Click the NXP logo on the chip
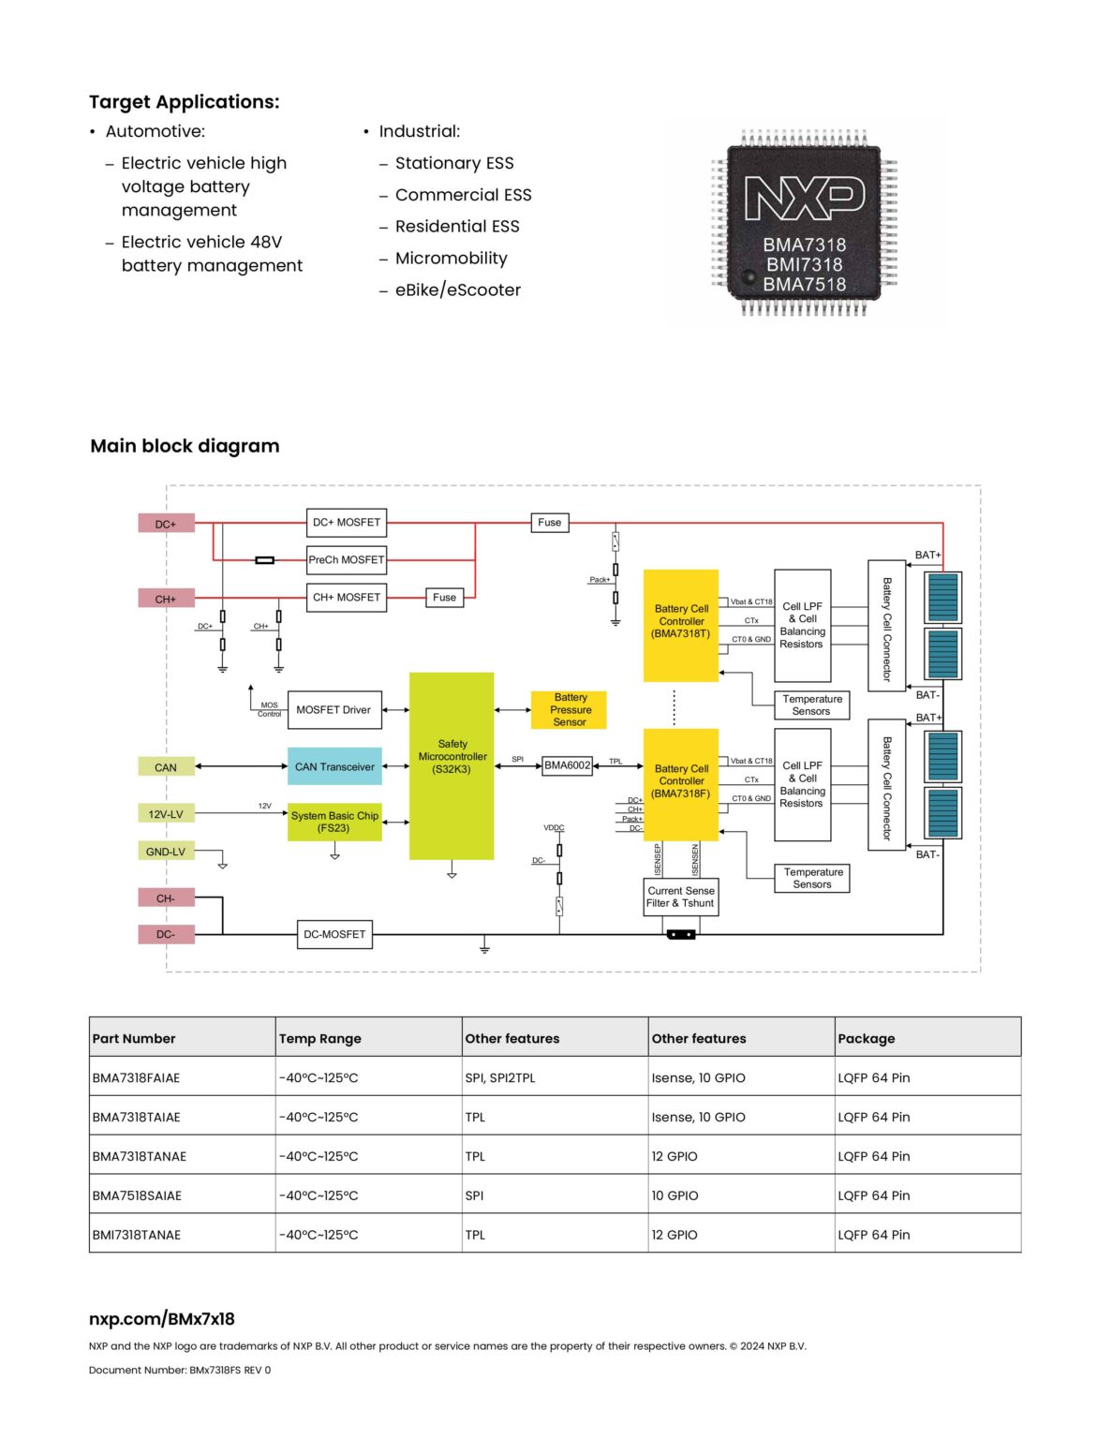pos(805,198)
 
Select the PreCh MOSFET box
pos(347,559)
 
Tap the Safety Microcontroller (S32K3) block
pos(452,766)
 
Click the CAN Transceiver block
pos(334,766)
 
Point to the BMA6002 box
pos(568,765)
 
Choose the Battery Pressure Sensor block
pos(569,710)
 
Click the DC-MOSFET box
pos(334,934)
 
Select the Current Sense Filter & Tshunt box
pos(681,898)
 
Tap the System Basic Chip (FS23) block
pos(334,823)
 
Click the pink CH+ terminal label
pos(166,599)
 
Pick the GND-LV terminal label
pos(166,851)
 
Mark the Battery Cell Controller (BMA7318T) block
pos(681,625)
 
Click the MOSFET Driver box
pos(334,710)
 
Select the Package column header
pos(867,1038)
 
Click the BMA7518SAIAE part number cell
pos(137,1195)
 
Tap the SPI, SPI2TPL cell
pos(500,1077)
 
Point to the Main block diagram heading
pos(185,446)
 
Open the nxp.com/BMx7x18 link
pos(161,1319)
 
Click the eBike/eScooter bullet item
pos(458,289)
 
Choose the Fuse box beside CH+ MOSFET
pos(444,598)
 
